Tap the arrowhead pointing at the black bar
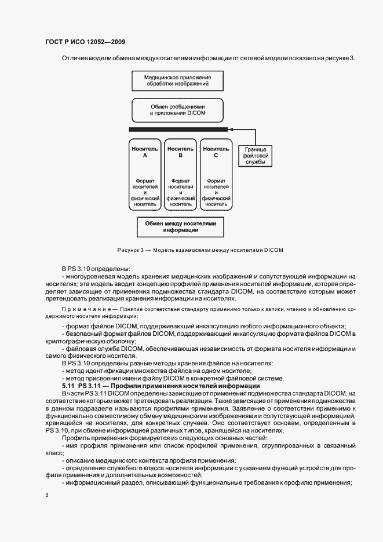[x=230, y=130]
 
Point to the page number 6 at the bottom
[x=46, y=495]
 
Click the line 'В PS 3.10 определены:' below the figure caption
[x=96, y=268]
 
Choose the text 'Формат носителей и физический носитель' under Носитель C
[x=216, y=192]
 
